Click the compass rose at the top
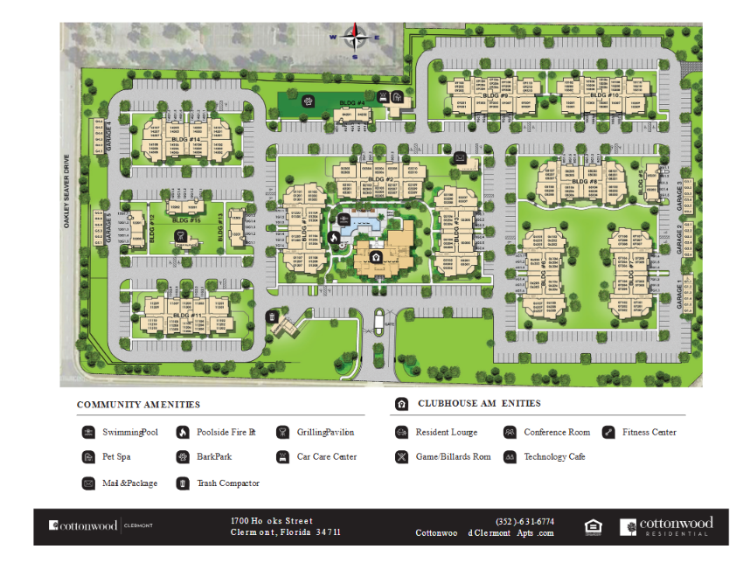tap(354, 38)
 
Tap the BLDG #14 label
tap(187, 139)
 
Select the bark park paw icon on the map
tap(308, 101)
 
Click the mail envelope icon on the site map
tap(459, 157)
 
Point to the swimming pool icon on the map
tap(343, 218)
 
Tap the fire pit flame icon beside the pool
tap(333, 236)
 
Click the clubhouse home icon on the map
tap(375, 258)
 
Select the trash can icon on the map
tap(273, 316)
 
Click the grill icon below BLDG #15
tap(180, 236)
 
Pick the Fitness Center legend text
tap(649, 432)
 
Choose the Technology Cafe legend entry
tap(554, 456)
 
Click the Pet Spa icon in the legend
tap(88, 456)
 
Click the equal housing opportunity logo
tap(593, 526)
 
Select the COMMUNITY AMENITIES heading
tap(138, 405)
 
